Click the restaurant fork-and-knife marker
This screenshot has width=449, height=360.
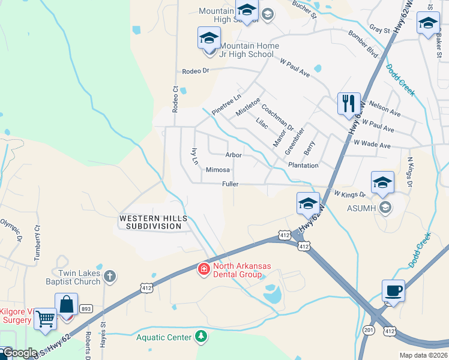(348, 103)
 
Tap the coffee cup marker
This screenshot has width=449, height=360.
(393, 290)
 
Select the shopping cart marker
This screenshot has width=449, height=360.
(45, 319)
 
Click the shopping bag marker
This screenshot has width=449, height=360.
(66, 304)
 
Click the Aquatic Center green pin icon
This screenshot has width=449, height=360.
(201, 338)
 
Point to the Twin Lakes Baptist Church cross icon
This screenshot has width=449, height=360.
(109, 277)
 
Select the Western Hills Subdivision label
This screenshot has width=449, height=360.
(150, 222)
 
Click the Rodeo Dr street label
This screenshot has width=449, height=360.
(195, 71)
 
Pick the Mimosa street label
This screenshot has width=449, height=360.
(218, 170)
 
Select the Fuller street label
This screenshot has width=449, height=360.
(230, 184)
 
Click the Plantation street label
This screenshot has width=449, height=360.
(303, 165)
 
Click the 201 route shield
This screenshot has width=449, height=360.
(369, 330)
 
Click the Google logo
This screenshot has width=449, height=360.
(20, 353)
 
